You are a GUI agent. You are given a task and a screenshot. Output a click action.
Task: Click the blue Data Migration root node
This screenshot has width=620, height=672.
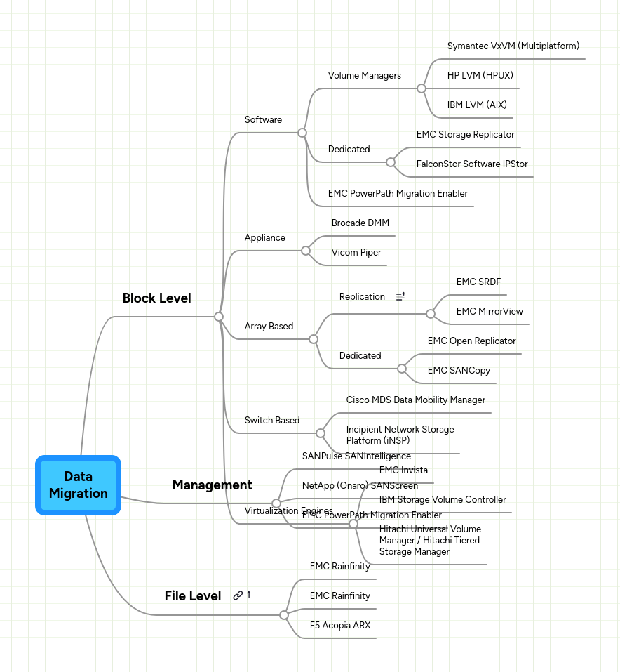tap(79, 485)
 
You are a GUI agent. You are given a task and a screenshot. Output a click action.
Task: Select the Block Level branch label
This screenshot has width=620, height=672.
tap(156, 298)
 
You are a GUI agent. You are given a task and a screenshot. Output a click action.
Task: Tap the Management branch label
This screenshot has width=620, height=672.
tap(212, 485)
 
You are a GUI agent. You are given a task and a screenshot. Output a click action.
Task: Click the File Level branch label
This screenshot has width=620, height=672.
tap(193, 595)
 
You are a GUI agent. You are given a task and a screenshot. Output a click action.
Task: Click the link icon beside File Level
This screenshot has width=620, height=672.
tap(238, 595)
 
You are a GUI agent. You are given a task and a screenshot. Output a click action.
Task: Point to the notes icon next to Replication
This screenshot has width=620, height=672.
tap(400, 297)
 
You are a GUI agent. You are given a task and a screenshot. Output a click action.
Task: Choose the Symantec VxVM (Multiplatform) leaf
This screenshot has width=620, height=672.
tap(513, 46)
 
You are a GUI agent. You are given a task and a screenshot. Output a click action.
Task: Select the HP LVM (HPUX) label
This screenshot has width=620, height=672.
tap(475, 75)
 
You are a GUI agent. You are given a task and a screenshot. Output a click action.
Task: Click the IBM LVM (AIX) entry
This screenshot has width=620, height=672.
tap(476, 105)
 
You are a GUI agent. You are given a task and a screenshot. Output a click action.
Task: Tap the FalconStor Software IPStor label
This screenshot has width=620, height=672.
tap(471, 164)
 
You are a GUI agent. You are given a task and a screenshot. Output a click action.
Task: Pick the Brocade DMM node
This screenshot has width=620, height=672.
tap(360, 223)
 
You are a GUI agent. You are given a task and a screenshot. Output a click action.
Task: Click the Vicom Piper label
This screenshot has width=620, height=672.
tap(356, 252)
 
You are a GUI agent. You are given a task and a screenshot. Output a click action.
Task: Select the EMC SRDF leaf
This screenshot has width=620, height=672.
tap(478, 282)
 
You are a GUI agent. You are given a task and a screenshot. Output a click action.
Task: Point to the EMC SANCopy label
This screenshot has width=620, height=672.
tap(459, 370)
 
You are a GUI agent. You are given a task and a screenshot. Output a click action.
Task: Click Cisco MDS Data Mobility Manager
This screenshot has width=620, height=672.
tap(415, 400)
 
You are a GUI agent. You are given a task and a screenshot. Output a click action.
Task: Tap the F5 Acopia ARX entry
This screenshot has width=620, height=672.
tap(339, 625)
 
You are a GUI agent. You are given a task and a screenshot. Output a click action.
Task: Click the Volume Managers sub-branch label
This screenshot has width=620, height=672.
tap(364, 75)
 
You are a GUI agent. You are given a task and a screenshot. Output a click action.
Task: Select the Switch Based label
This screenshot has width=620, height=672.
tap(271, 420)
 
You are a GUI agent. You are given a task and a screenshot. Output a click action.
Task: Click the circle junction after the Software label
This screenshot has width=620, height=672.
tap(302, 132)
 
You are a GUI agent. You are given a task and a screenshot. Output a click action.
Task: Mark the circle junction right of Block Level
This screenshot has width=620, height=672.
tap(219, 317)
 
